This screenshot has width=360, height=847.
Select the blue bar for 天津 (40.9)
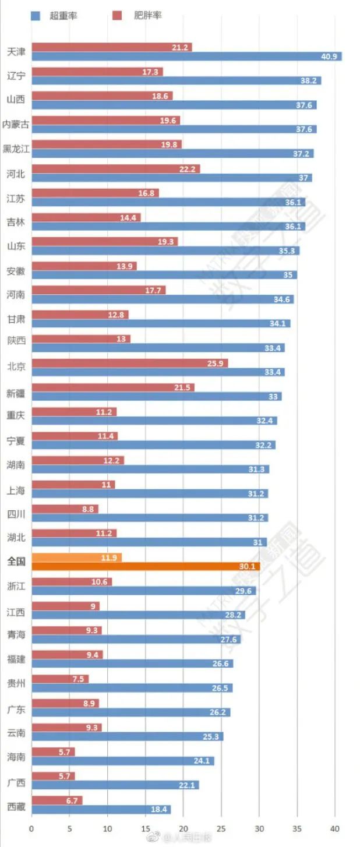pyautogui.click(x=186, y=57)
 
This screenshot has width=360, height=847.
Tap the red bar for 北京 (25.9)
pyautogui.click(x=129, y=363)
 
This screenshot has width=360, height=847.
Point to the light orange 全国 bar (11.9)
pyautogui.click(x=76, y=557)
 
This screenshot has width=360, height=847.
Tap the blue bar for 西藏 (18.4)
pyautogui.click(x=101, y=810)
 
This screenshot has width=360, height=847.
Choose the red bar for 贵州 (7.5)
pyautogui.click(x=60, y=679)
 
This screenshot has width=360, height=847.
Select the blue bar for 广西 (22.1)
pyautogui.click(x=115, y=785)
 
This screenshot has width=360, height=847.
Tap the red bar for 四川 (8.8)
pyautogui.click(x=65, y=509)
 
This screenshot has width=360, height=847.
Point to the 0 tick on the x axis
pyautogui.click(x=31, y=828)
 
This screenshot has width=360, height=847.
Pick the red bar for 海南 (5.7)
pyautogui.click(x=53, y=752)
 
